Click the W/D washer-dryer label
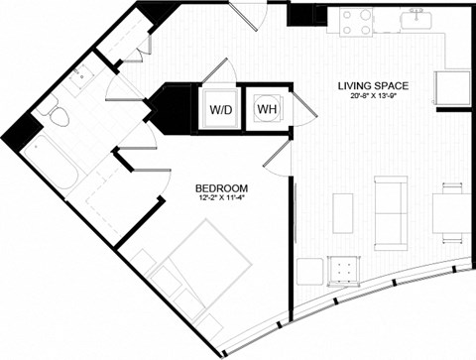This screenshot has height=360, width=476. click(219, 109)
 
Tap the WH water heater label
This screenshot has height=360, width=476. click(267, 107)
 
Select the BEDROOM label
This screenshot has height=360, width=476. click(222, 187)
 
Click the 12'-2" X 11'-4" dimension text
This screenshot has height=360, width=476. click(222, 198)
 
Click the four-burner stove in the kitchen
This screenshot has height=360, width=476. click(355, 22)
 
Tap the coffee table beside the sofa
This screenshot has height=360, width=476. click(343, 212)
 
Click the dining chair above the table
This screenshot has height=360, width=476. click(452, 188)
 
